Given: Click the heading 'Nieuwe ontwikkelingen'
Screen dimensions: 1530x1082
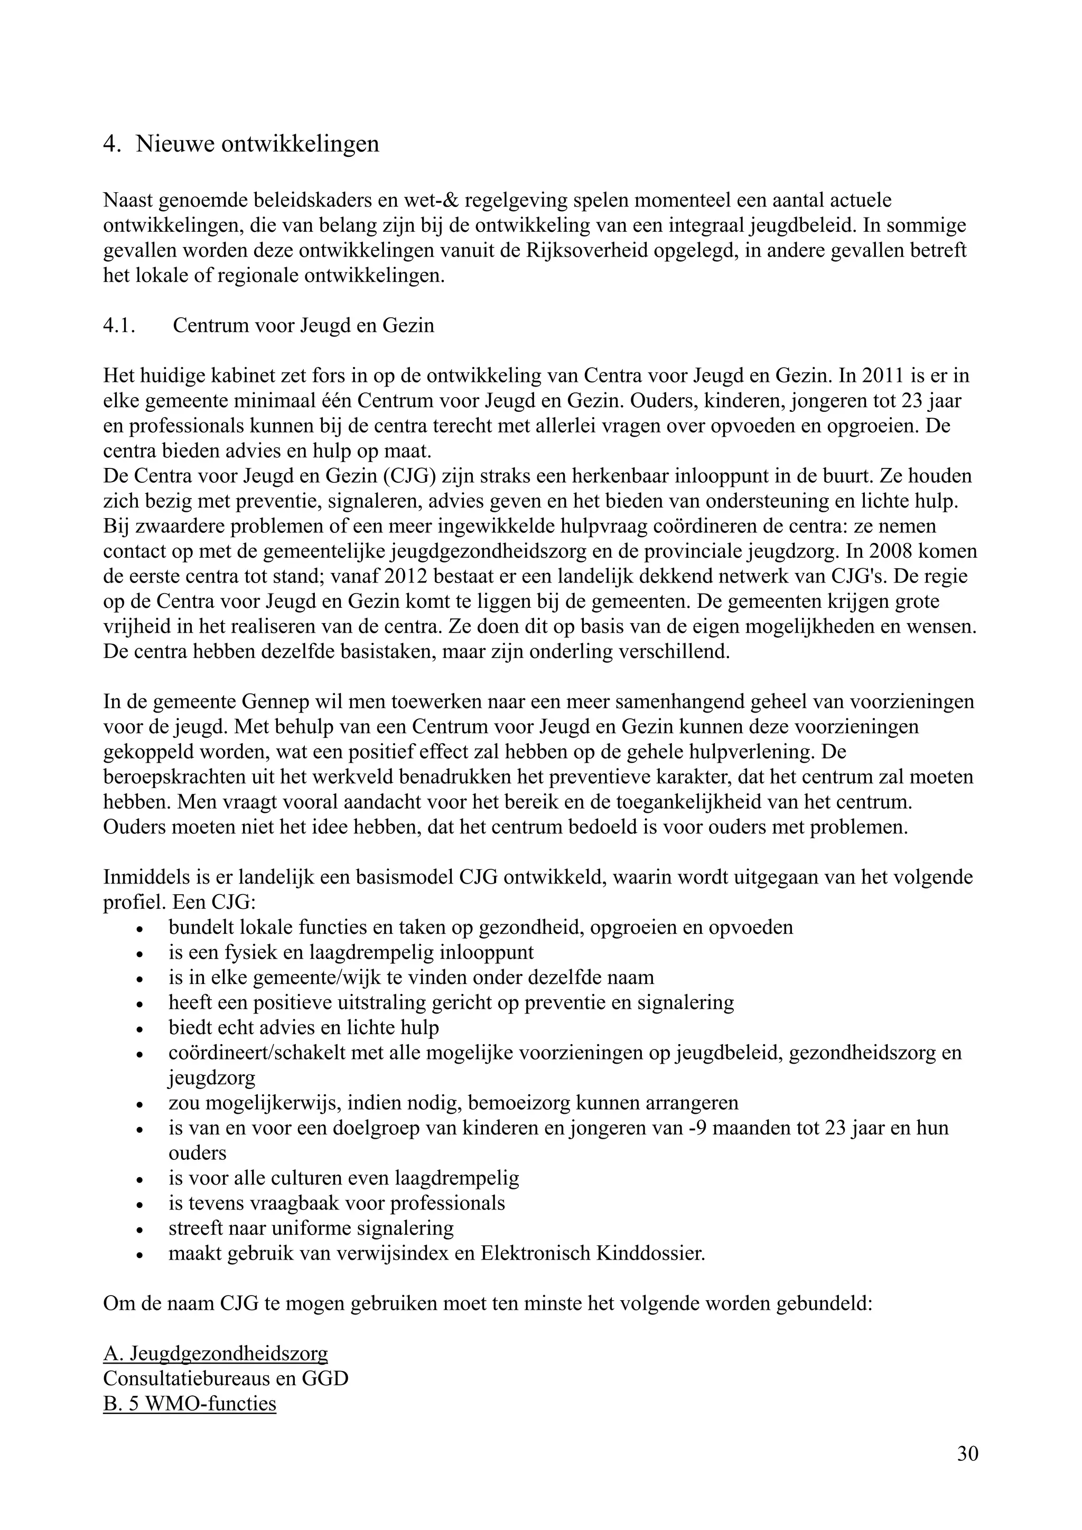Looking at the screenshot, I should coord(257,144).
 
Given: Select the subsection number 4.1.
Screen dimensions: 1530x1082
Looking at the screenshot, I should coord(119,326).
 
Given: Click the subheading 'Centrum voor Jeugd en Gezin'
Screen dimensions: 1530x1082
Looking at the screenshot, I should coord(303,326).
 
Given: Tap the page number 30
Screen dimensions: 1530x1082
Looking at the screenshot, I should coord(967,1453).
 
